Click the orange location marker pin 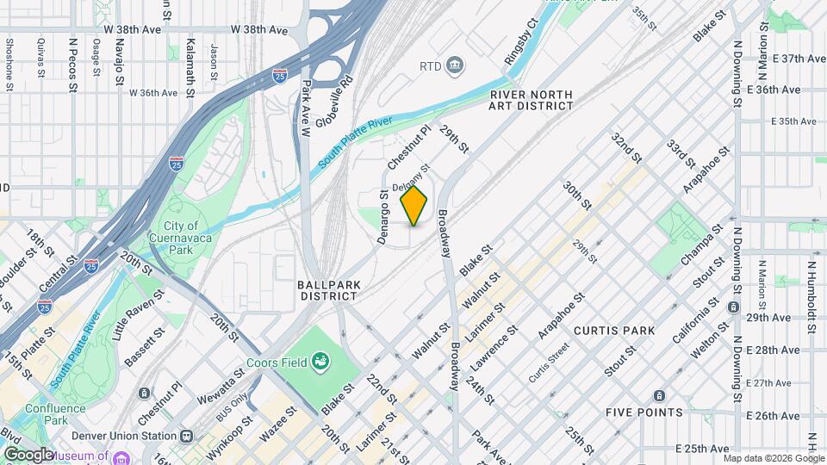tap(414, 206)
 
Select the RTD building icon tap(455, 65)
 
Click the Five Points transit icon tap(659, 395)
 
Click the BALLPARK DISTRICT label tap(327, 289)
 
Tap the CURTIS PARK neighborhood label tap(613, 331)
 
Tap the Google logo tap(28, 454)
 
